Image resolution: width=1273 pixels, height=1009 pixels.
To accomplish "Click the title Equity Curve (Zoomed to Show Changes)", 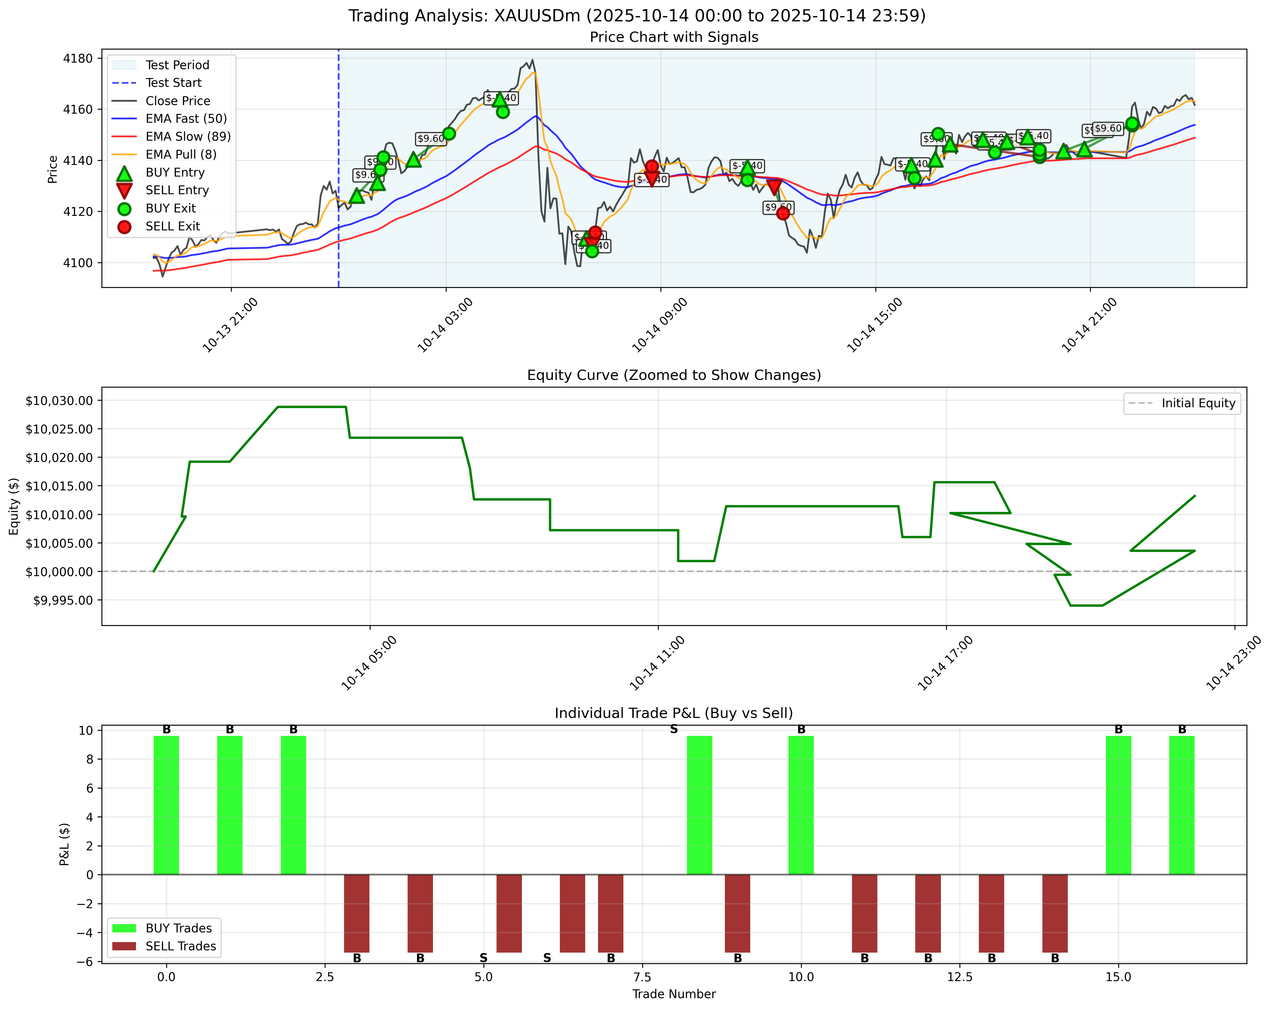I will click(674, 375).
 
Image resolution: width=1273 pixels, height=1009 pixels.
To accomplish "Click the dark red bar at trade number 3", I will click(357, 913).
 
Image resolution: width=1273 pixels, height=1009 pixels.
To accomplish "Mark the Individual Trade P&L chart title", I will click(674, 713).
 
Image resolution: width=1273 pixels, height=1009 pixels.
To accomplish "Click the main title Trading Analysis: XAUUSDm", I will click(636, 16).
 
